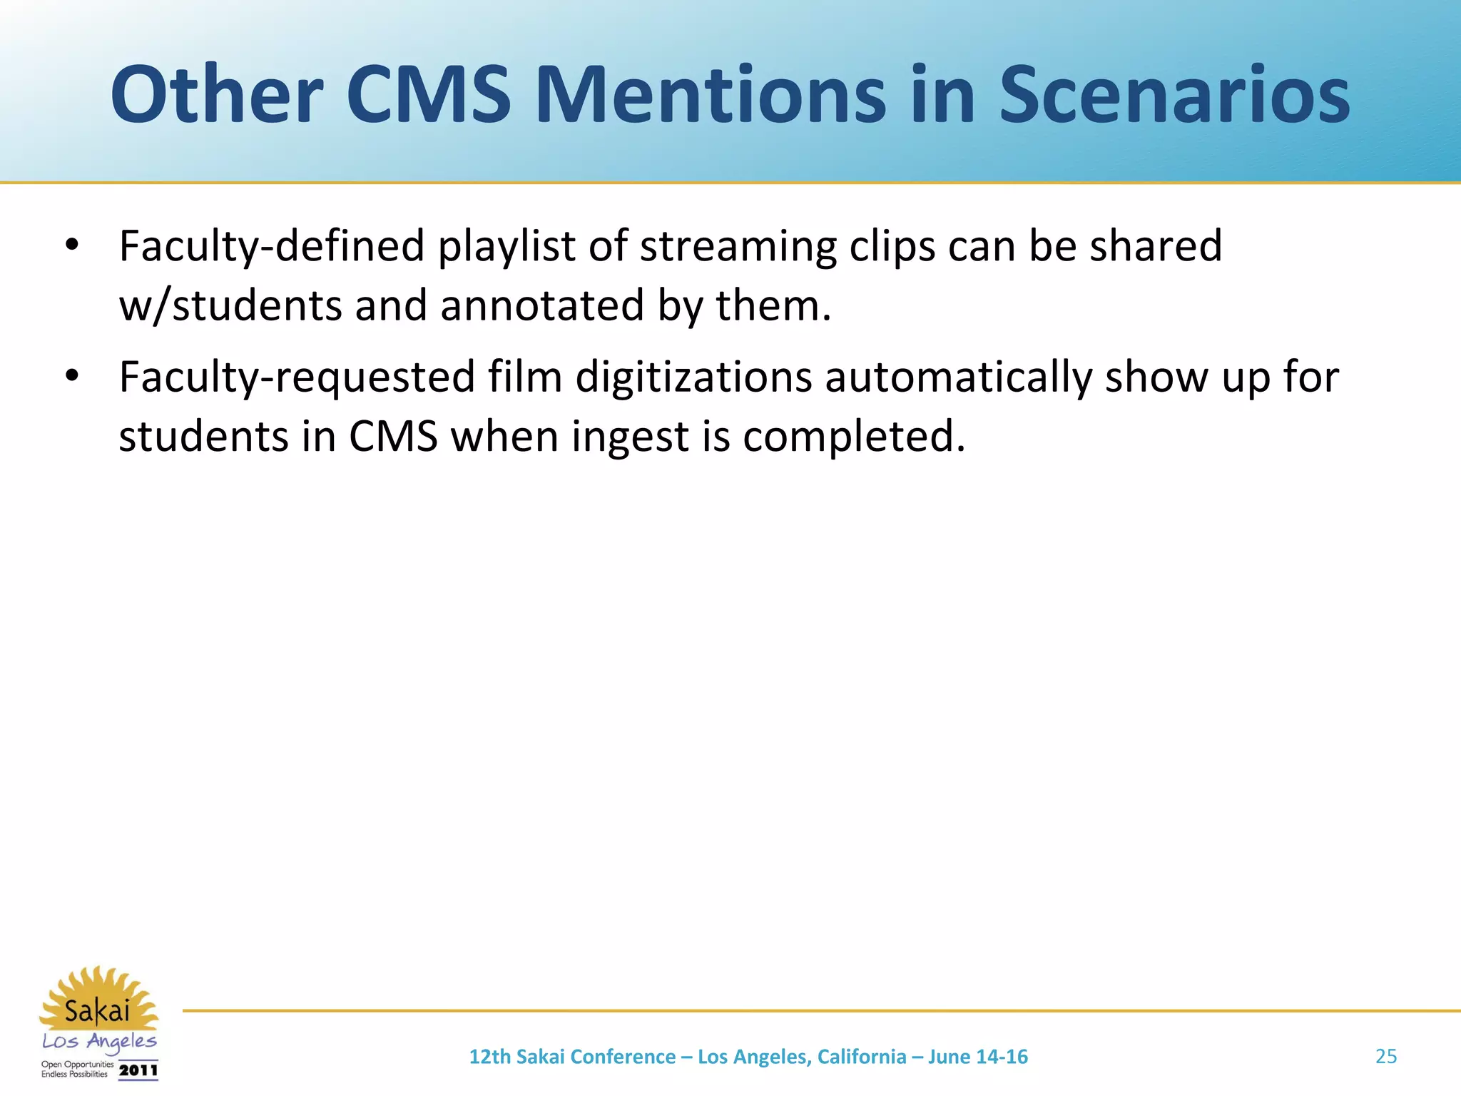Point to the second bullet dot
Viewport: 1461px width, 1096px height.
tap(71, 376)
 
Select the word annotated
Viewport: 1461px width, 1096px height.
tap(542, 305)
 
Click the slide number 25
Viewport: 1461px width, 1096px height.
tap(1385, 1056)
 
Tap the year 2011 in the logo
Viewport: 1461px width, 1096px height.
tap(138, 1070)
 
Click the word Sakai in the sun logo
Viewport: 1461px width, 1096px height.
tap(98, 1011)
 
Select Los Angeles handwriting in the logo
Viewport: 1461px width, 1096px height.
tap(99, 1041)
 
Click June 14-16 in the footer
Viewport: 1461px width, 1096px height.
tap(977, 1057)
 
